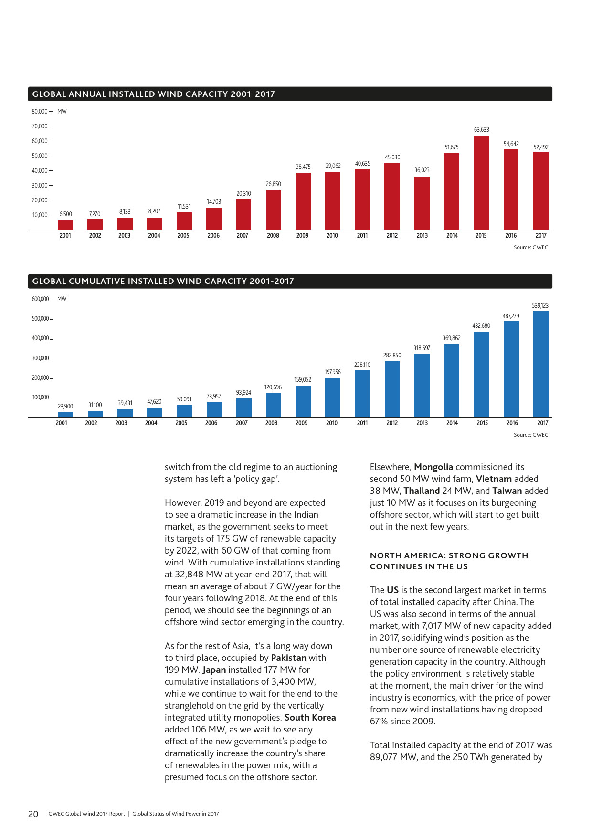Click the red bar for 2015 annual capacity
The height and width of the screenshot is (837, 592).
point(481,183)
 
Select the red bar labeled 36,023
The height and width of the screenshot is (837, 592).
point(422,203)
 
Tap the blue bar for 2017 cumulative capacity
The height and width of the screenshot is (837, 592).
point(541,364)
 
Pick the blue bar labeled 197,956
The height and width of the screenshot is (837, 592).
point(333,398)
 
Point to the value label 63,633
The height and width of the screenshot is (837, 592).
point(481,130)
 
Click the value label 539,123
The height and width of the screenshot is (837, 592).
point(540,305)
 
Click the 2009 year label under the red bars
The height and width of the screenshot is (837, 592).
point(302,236)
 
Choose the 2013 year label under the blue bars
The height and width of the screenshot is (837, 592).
point(422,423)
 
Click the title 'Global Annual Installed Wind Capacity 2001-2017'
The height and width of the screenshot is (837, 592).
point(154,94)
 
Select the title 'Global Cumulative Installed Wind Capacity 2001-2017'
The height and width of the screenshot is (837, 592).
point(163,281)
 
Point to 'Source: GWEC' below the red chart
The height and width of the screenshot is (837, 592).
point(531,247)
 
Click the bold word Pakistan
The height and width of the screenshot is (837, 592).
point(289,658)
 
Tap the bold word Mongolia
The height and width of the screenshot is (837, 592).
point(433,467)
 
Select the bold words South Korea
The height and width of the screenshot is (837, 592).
point(310,718)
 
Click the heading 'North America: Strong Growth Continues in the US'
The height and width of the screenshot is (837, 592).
point(449,561)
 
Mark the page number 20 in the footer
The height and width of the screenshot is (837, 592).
point(33,814)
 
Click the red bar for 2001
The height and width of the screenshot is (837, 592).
point(65,225)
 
